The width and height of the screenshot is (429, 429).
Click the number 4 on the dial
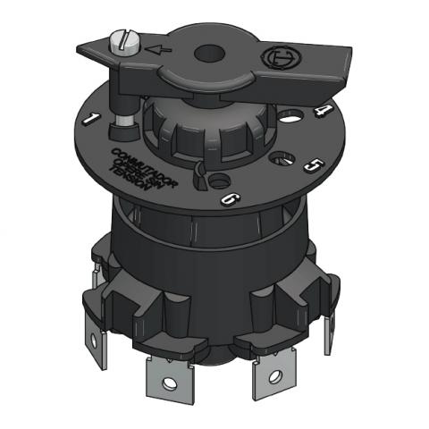pyautogui.click(x=322, y=113)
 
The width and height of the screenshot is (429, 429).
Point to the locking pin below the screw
pyautogui.click(x=121, y=116)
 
